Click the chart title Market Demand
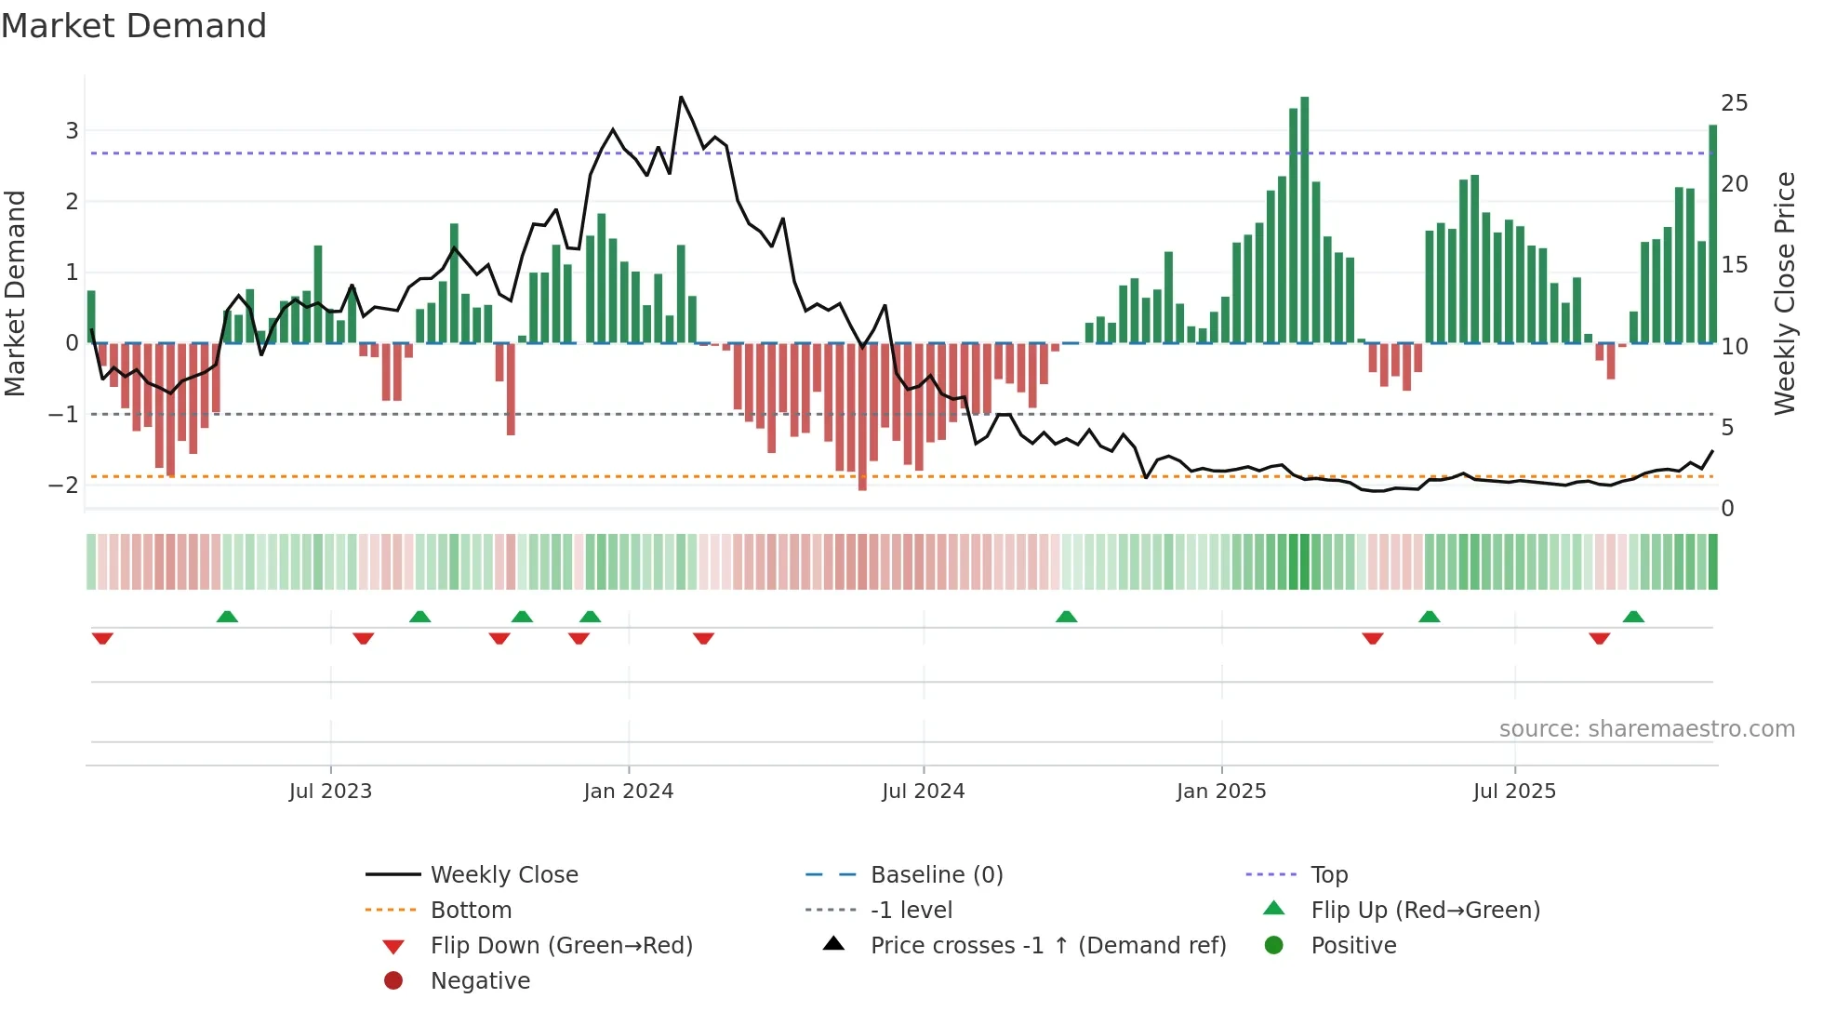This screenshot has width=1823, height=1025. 134,26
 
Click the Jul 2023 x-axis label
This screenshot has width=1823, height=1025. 330,792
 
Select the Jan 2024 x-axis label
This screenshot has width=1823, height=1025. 629,792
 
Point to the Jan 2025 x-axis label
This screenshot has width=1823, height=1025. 1221,792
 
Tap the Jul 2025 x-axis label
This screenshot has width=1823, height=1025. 1514,792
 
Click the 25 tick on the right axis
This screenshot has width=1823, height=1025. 1734,103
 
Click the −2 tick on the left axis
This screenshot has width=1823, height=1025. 63,485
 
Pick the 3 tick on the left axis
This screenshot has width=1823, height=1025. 72,131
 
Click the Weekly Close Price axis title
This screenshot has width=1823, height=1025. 1784,293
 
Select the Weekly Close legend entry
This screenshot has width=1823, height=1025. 503,875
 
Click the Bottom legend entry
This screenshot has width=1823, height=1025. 471,911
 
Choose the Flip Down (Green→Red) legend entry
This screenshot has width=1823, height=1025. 561,946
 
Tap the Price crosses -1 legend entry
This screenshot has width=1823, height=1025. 1047,946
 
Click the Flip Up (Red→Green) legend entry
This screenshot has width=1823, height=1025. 1425,911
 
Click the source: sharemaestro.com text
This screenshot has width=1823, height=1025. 1646,729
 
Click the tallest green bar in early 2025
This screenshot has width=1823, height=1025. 1305,220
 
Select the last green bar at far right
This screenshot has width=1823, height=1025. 1712,233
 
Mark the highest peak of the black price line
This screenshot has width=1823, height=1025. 681,97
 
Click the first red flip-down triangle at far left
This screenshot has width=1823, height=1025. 102,638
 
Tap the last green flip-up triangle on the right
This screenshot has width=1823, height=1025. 1633,617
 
